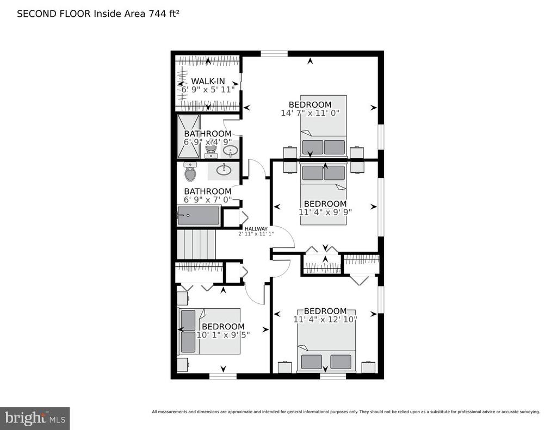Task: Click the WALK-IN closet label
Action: (x=208, y=82)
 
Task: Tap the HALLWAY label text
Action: (x=256, y=229)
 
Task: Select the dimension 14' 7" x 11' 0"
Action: (x=310, y=113)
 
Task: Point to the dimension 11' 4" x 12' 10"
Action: (x=325, y=319)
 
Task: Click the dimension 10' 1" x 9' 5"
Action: (x=223, y=335)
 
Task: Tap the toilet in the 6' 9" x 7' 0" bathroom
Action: (x=190, y=172)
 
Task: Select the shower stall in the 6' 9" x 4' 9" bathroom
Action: (x=189, y=136)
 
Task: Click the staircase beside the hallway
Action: (x=196, y=244)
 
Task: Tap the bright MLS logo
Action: (x=35, y=418)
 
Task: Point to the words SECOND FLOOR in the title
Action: (x=54, y=14)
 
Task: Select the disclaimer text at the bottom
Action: (x=345, y=412)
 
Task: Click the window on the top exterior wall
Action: (x=274, y=54)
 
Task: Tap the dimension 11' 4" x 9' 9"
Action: (x=325, y=212)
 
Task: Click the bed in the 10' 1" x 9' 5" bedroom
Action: (x=209, y=331)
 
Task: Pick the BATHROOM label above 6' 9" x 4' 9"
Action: (x=207, y=134)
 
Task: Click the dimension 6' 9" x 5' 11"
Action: (x=208, y=90)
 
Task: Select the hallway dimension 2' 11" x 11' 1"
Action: (x=256, y=234)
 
